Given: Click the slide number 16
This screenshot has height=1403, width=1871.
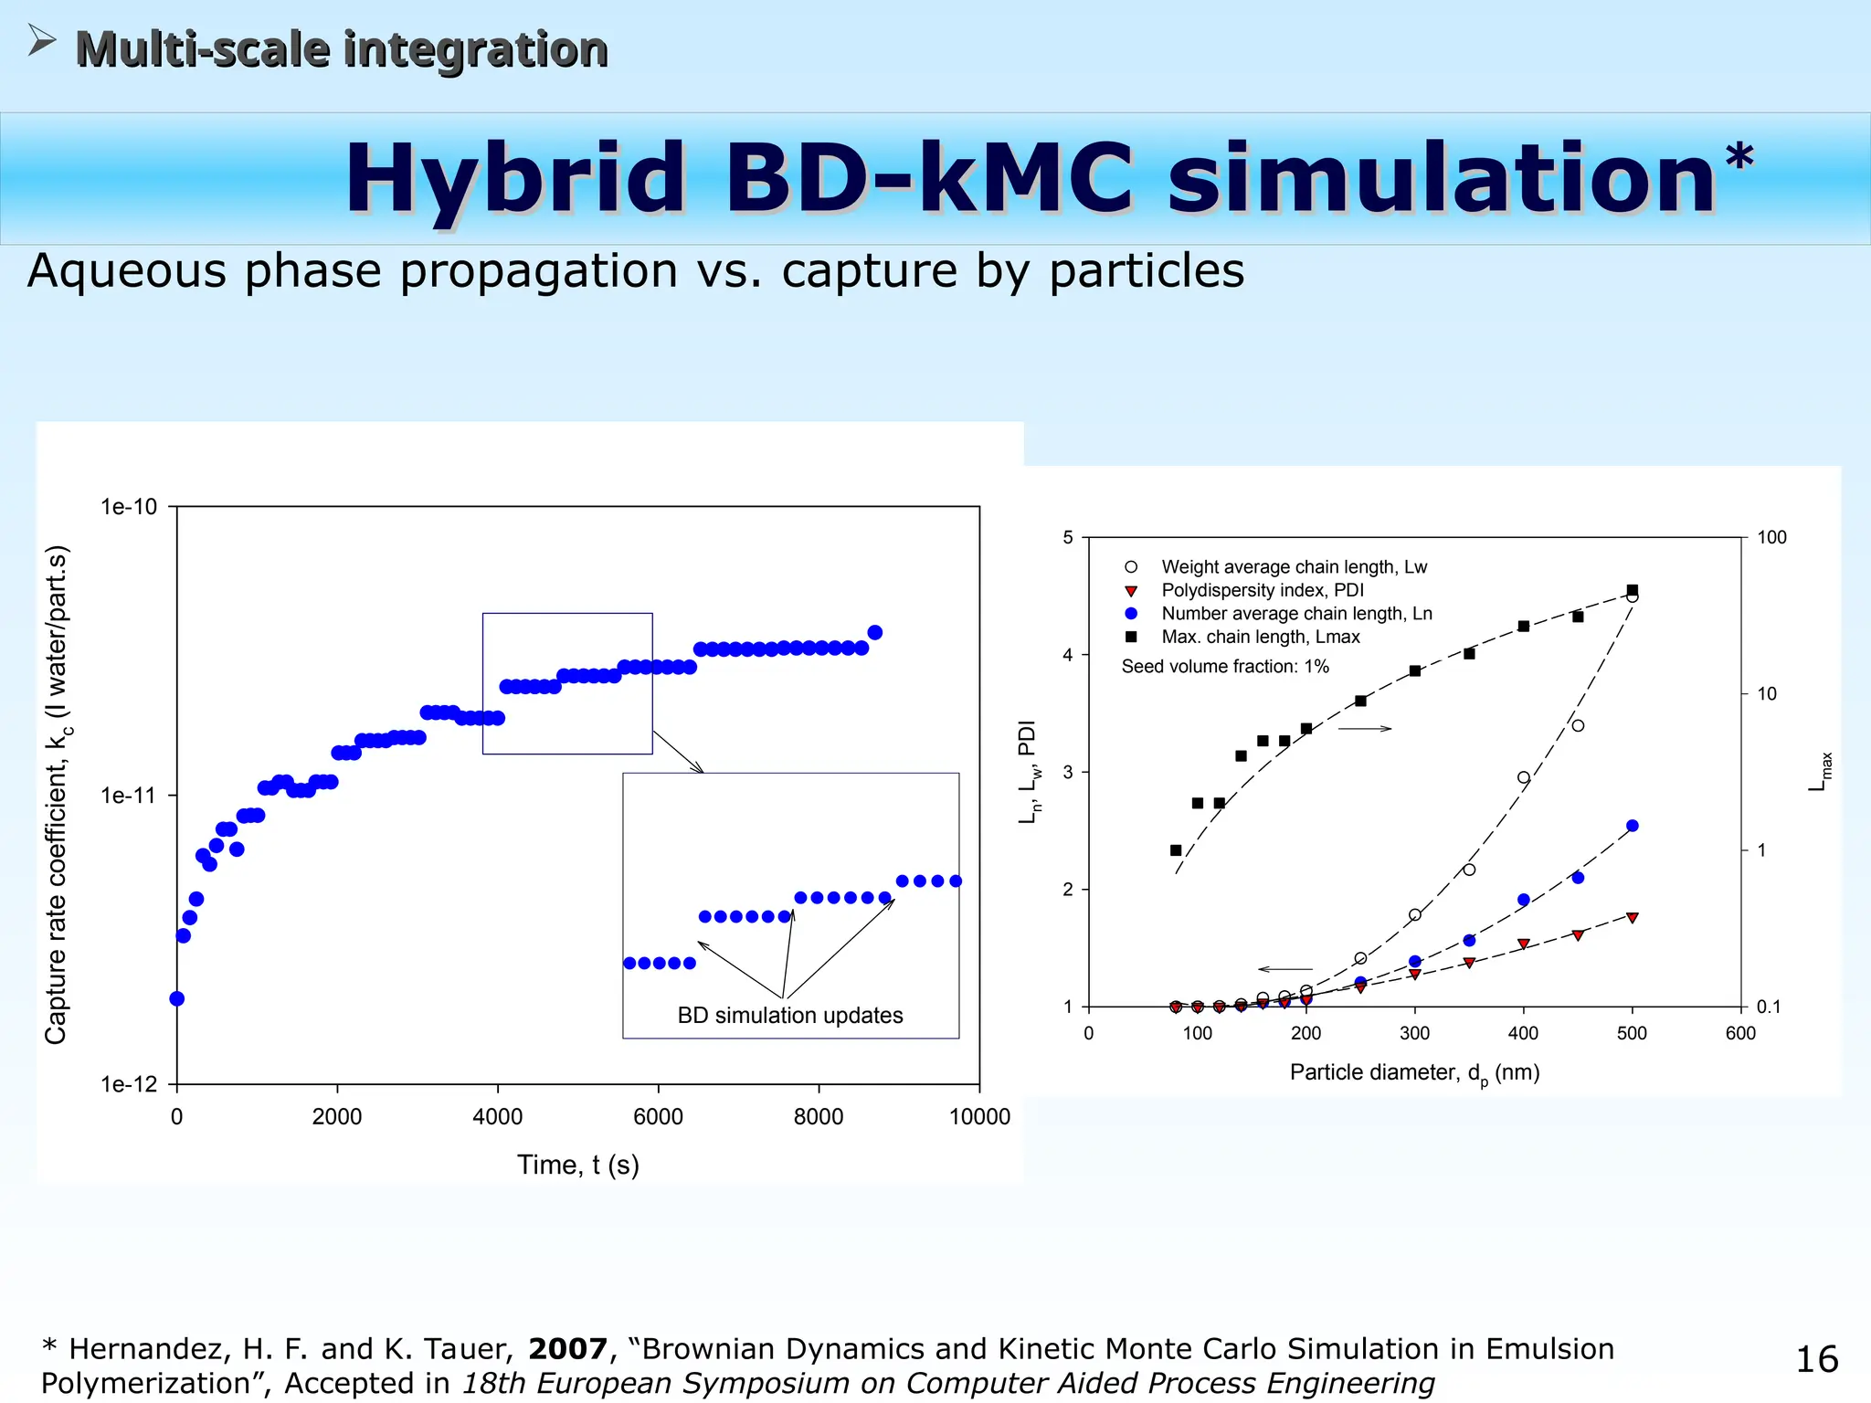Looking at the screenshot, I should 1816,1359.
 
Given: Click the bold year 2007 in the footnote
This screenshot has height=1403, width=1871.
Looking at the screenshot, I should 567,1349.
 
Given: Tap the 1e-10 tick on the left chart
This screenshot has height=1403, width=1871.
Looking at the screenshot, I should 129,507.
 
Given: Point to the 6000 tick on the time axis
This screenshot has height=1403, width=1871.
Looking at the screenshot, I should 658,1116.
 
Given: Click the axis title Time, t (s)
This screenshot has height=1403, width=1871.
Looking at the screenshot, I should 577,1165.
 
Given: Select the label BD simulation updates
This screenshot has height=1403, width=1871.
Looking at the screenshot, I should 789,1015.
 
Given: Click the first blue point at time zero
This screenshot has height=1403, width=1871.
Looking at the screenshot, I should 177,998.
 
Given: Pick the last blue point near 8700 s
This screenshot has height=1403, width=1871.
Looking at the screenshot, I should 874,632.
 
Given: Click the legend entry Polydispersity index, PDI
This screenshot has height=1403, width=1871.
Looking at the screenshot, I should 1262,590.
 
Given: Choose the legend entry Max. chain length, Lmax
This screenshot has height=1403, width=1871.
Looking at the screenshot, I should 1260,637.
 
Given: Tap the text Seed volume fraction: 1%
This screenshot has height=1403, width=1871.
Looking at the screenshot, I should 1224,666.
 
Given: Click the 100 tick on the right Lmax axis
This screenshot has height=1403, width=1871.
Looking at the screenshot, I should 1771,537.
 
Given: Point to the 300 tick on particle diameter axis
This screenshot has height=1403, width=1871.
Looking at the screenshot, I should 1414,1033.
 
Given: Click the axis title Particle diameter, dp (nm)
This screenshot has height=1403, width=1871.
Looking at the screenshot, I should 1414,1072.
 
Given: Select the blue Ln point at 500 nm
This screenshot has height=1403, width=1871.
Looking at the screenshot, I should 1633,826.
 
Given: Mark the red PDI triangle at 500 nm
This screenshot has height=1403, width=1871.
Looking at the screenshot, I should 1633,917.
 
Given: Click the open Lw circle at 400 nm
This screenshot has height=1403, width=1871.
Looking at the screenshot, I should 1524,778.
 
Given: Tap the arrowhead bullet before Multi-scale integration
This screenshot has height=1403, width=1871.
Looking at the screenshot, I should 42,40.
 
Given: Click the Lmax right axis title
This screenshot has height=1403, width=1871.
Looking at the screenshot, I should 1820,772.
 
